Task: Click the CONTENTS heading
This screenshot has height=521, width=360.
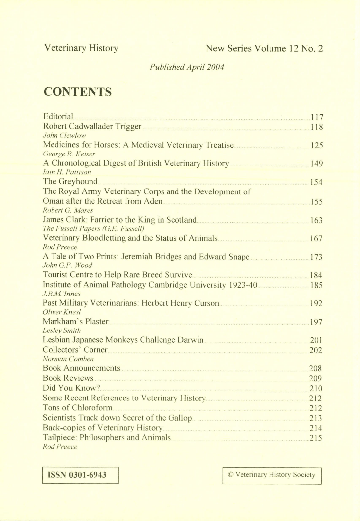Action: point(78,92)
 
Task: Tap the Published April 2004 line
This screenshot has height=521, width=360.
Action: point(187,67)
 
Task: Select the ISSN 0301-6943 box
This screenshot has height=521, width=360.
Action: point(80,475)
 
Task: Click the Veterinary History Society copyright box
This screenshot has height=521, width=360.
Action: point(272,475)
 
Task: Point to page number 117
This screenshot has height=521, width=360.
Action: point(317,117)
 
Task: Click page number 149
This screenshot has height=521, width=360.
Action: point(316,164)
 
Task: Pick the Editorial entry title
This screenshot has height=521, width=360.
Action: point(58,117)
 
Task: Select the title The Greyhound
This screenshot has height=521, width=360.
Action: point(70,181)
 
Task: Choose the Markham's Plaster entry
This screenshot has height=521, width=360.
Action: point(75,321)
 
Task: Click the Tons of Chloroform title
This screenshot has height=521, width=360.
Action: point(77,408)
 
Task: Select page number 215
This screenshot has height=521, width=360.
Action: point(315,438)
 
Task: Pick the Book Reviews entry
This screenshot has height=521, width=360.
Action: point(68,378)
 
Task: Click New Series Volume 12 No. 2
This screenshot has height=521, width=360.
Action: point(264,49)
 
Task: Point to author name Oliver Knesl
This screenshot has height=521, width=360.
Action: point(62,312)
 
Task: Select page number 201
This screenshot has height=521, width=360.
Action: point(316,340)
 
